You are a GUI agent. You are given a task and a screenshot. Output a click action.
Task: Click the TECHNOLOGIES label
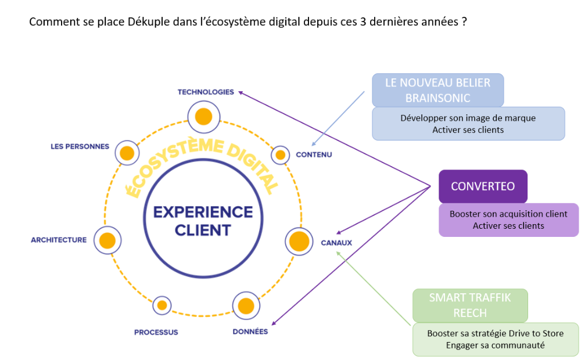tap(206, 92)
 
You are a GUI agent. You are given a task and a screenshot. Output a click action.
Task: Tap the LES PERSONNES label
tap(80, 146)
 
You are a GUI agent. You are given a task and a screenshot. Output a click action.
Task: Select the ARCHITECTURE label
tap(59, 240)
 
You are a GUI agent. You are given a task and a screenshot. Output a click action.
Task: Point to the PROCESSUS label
tap(156, 332)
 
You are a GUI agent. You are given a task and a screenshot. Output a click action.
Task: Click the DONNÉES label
tap(250, 332)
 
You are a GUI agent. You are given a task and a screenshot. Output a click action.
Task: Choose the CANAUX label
tap(336, 242)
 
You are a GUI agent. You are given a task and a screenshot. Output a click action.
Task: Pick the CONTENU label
tap(314, 154)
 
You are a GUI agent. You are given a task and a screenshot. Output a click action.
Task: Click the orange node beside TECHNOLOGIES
tap(203, 116)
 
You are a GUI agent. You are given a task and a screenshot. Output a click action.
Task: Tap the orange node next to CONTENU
tap(281, 155)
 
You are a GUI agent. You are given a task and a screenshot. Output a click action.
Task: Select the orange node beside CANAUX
tap(299, 241)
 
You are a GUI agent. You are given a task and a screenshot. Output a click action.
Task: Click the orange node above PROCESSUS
tap(162, 305)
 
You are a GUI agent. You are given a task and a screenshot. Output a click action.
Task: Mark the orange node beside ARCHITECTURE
tap(107, 240)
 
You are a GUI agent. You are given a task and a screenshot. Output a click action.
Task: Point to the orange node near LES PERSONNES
tap(127, 153)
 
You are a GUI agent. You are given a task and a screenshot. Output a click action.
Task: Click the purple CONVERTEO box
tap(483, 186)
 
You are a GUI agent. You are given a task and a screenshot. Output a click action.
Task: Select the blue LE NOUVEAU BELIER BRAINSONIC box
tap(437, 90)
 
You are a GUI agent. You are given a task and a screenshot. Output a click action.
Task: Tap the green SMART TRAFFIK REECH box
tap(470, 305)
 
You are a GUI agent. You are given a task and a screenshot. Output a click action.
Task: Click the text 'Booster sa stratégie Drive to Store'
tap(495, 333)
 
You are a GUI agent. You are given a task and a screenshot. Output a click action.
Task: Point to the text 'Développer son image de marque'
tap(468, 118)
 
